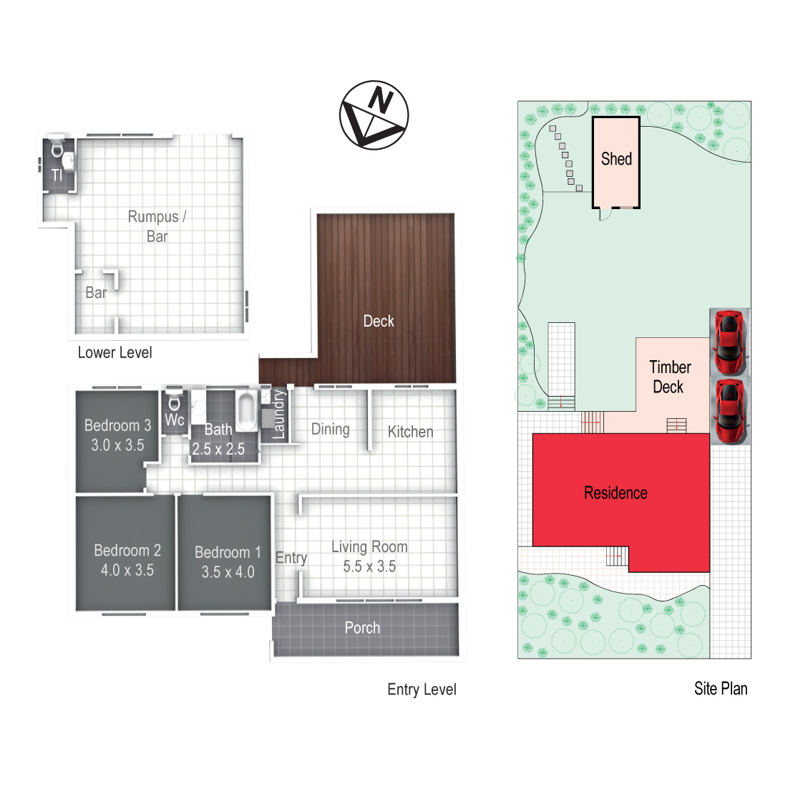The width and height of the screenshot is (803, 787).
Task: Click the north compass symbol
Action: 374,115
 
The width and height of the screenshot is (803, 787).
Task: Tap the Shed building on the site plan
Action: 616,163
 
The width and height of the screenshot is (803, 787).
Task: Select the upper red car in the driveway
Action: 729,342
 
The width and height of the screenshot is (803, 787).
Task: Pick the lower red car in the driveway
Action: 729,411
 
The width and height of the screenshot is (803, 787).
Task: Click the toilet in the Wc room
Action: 175,400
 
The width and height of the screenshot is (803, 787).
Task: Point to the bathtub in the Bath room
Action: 247,411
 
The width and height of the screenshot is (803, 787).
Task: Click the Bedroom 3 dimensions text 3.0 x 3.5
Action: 117,445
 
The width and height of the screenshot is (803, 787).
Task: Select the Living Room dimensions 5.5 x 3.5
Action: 369,566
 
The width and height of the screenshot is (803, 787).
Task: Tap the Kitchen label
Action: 410,432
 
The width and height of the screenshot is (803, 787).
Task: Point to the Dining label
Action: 331,430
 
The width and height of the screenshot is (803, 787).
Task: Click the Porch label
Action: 362,627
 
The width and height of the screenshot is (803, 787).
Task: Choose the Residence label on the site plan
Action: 615,493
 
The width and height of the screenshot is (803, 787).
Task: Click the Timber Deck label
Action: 669,377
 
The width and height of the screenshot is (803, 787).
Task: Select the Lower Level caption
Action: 115,352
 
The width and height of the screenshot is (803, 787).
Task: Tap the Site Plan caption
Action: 721,689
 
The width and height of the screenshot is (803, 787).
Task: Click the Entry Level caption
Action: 422,690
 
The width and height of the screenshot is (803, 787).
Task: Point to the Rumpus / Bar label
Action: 157,226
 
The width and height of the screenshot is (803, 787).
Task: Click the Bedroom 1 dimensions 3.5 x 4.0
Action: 228,571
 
